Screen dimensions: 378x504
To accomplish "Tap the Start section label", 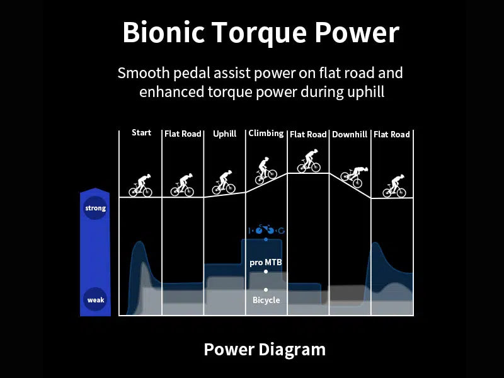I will coord(141,133).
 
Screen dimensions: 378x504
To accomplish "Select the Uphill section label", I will coord(224,134).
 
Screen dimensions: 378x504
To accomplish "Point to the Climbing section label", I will coord(266,134).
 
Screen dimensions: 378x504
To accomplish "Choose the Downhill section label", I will coord(350,134).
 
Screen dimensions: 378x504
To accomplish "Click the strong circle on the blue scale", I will coord(95,208).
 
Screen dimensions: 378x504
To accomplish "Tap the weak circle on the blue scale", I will coord(95,300).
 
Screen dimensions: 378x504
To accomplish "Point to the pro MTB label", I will coord(265,262).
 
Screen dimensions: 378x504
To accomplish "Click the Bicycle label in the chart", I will coord(266,300).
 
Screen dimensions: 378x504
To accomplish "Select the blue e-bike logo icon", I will coord(266,230).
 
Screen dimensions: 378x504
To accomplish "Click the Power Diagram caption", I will coord(265,350).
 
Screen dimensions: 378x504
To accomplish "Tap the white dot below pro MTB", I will coord(266,272).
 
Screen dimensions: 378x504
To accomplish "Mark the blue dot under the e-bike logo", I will coord(266,239).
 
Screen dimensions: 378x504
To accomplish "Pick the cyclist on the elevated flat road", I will coord(308,161).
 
